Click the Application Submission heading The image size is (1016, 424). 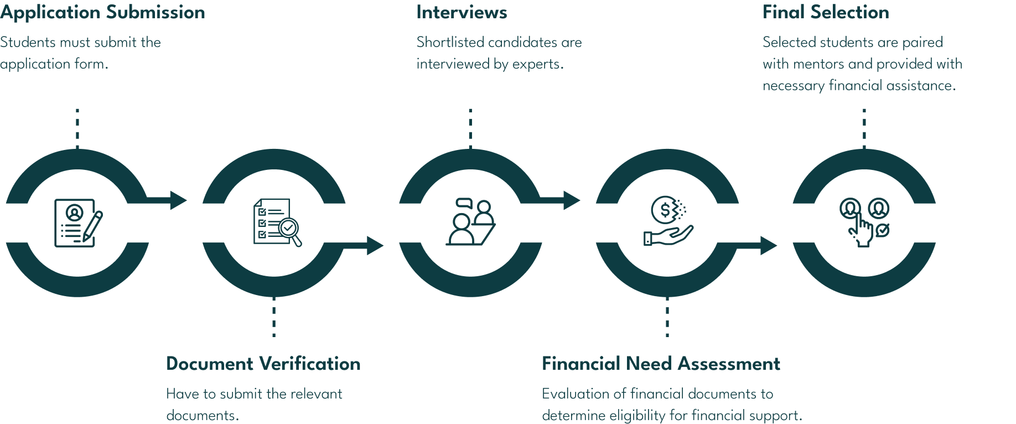[102, 13]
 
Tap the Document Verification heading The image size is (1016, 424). [263, 364]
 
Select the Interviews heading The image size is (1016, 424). [462, 13]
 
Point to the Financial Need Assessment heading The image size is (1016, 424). [661, 364]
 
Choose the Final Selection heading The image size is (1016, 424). [826, 13]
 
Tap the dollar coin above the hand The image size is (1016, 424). [664, 209]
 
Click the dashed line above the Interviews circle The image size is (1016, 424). [470, 128]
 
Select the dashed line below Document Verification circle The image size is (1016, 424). [274, 317]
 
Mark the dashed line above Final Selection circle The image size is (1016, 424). [864, 128]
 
